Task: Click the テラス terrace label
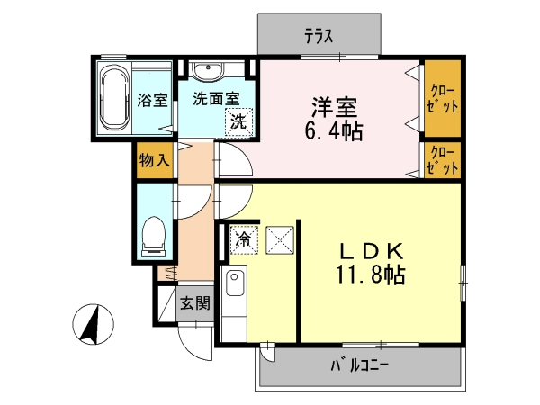click(319, 36)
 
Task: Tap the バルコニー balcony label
click(359, 365)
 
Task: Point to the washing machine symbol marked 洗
click(239, 121)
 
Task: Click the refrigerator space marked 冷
click(244, 239)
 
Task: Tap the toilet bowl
click(154, 236)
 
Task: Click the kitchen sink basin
click(234, 283)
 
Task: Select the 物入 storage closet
click(155, 160)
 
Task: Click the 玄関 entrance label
click(195, 303)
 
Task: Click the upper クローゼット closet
click(442, 98)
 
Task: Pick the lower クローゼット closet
click(442, 160)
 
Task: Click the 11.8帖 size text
click(371, 274)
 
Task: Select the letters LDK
click(372, 251)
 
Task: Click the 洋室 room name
click(335, 107)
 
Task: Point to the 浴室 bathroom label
click(152, 100)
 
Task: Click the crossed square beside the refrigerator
click(280, 240)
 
